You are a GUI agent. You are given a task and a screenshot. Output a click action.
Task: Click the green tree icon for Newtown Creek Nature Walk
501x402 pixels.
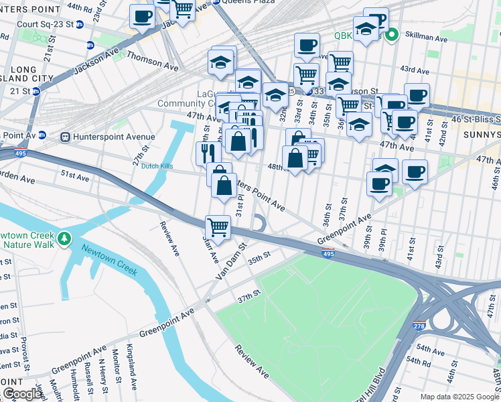tap(64, 239)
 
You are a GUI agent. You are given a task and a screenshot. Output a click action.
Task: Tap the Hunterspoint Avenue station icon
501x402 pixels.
tap(66, 137)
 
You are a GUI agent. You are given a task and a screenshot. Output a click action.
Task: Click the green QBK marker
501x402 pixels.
tap(392, 35)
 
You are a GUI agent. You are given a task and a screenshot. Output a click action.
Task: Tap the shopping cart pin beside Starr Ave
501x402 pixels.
tap(218, 228)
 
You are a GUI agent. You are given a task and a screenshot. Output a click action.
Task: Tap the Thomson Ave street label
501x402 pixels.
tap(152, 62)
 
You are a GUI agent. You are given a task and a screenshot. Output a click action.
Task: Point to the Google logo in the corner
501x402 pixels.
tap(23, 394)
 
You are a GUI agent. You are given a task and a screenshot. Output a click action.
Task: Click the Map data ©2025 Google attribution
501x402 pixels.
tap(459, 397)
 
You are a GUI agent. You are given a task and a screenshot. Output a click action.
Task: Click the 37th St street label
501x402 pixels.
tap(248, 295)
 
